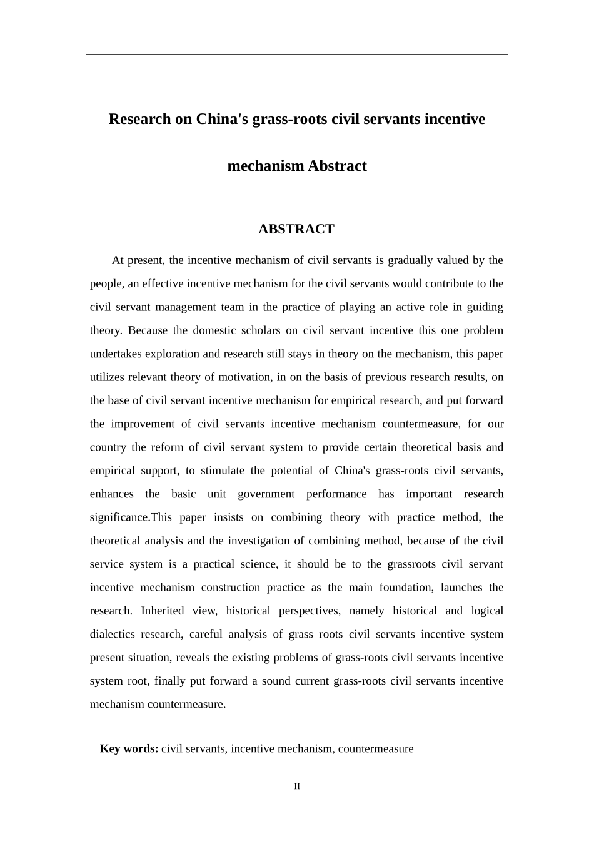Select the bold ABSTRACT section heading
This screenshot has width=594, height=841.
click(x=296, y=229)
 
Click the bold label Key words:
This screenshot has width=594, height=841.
click(x=129, y=748)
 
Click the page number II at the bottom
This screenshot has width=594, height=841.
click(x=297, y=787)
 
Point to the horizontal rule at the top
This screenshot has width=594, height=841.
click(x=296, y=54)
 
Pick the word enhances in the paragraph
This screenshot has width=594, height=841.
click(x=111, y=494)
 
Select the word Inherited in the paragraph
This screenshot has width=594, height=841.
click(x=163, y=611)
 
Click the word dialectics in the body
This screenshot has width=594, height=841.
click(x=112, y=635)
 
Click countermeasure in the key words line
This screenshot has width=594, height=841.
click(x=376, y=748)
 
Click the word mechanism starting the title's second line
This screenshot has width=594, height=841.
click(x=265, y=166)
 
